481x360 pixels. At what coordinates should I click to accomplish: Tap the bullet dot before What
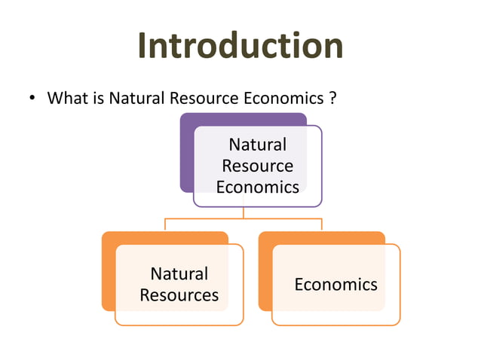click(32, 99)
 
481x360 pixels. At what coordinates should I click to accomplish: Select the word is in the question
click(97, 99)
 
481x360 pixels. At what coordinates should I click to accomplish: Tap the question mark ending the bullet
click(332, 99)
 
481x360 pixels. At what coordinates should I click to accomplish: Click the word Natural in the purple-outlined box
click(257, 144)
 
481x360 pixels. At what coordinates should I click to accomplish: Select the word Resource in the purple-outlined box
click(257, 165)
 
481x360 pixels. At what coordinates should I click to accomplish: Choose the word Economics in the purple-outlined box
click(257, 186)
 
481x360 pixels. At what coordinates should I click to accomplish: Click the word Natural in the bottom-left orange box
click(179, 273)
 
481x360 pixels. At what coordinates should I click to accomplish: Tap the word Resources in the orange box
click(179, 294)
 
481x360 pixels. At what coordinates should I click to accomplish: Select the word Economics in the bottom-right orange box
click(335, 284)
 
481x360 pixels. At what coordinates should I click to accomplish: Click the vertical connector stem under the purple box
click(243, 212)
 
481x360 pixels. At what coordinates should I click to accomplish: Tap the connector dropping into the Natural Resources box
click(165, 224)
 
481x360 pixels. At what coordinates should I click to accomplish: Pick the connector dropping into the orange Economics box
click(322, 224)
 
